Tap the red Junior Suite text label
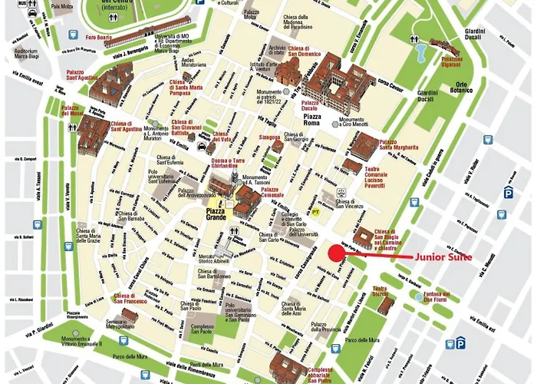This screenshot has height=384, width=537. pos(443,257)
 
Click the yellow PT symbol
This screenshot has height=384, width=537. pos(316,210)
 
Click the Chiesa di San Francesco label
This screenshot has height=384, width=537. pos(130,299)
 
